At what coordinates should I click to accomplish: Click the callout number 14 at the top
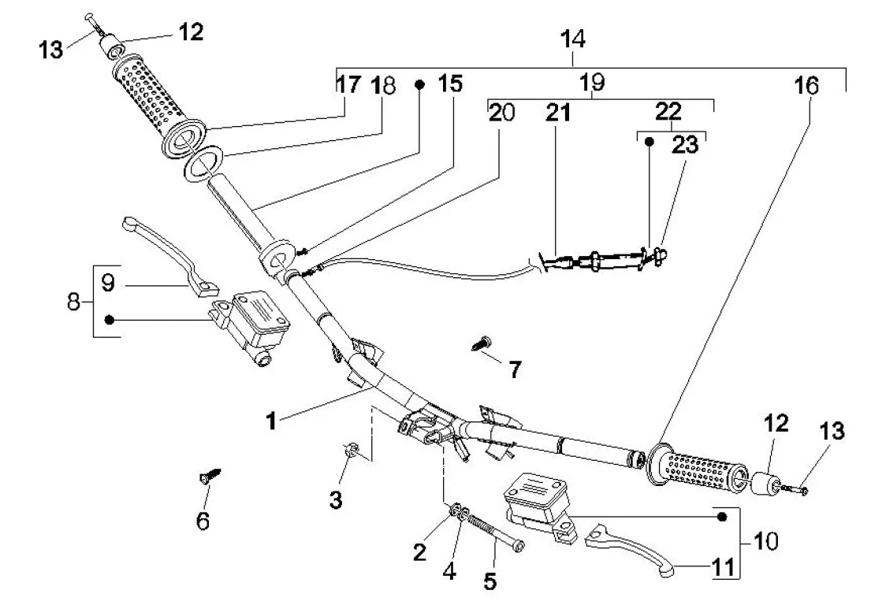coord(572,38)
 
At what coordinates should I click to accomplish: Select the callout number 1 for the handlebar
coord(270,421)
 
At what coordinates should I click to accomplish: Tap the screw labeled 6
coord(210,476)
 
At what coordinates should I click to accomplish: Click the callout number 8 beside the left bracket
coord(74,302)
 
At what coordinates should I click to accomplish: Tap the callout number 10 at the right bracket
coord(765,541)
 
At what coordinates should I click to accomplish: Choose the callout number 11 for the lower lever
coord(726,566)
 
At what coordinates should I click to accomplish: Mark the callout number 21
coord(557,113)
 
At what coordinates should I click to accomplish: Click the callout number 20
coord(501,113)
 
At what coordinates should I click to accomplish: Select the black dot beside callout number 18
coord(420,83)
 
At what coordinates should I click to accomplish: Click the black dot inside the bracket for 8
coord(110,319)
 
